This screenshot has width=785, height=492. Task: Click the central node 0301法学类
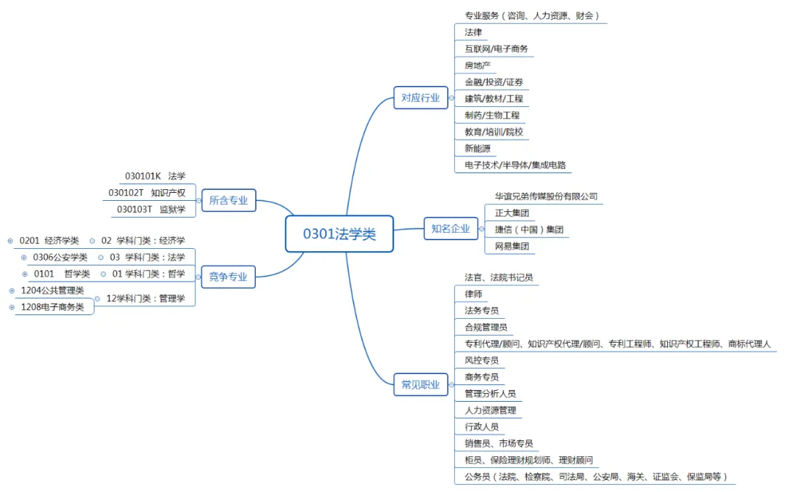pos(339,234)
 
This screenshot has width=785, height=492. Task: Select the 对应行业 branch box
pos(421,98)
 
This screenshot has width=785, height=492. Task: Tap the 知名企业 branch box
pos(451,229)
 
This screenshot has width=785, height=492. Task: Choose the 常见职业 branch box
pos(421,385)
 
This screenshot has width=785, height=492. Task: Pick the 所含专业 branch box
pos(228,200)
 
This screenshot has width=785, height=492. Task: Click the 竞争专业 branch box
pos(228,277)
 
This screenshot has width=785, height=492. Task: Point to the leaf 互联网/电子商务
pos(496,49)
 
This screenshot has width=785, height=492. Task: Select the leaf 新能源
pos(478,148)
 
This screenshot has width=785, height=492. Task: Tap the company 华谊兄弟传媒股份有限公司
pos(546,197)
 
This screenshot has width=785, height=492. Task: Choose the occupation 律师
pos(473,294)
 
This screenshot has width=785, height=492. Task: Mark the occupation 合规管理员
pos(486,328)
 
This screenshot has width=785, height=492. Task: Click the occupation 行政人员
pos(481,427)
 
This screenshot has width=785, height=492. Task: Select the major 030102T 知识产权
pos(147,193)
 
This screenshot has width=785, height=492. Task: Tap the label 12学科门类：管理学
pos(145,298)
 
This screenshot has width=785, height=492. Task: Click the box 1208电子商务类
pos(52,307)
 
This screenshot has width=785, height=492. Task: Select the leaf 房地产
pos(478,66)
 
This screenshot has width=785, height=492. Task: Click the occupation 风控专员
pos(481,360)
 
